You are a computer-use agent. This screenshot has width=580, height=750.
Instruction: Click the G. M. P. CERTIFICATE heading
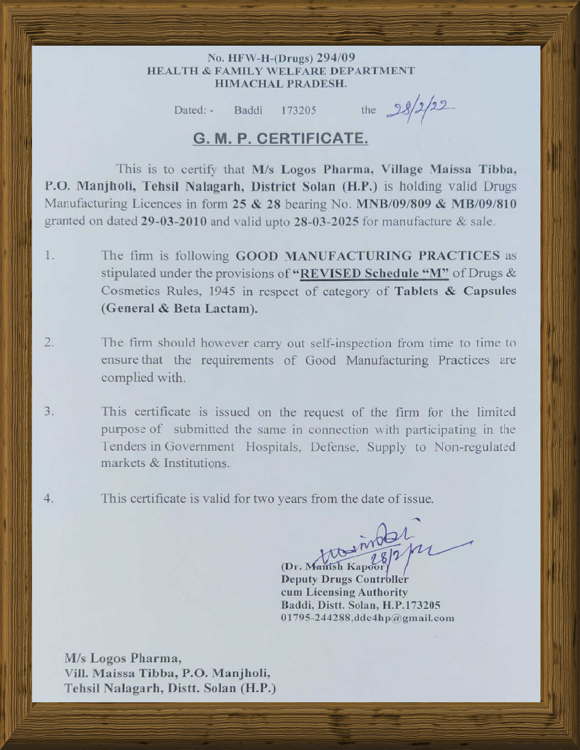[281, 139]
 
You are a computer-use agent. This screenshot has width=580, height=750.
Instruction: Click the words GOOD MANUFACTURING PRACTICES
[368, 256]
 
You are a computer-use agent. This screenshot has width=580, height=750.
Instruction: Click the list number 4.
[49, 498]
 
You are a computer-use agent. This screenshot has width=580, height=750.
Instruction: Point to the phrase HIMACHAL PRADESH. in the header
[280, 85]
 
